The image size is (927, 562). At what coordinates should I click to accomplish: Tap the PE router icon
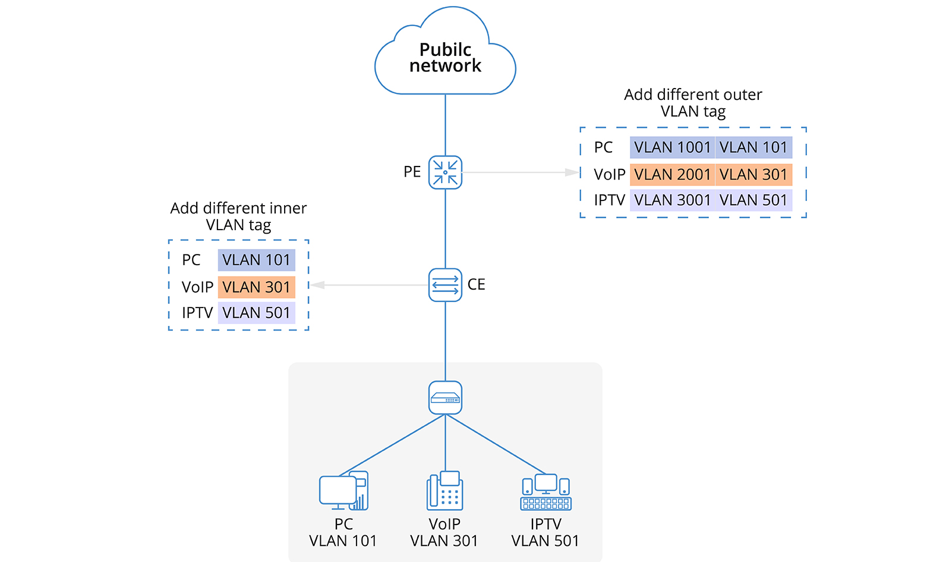click(x=445, y=172)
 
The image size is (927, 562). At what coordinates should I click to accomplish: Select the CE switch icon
click(x=445, y=285)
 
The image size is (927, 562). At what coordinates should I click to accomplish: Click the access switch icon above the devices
click(x=445, y=398)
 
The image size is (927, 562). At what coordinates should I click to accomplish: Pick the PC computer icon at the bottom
click(x=343, y=491)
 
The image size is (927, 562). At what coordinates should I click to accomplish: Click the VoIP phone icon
click(x=444, y=491)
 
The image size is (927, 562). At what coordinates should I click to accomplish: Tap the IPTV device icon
click(x=546, y=492)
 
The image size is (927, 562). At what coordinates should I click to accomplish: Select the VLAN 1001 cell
click(x=672, y=147)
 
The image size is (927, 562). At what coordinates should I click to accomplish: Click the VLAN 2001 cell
click(x=672, y=174)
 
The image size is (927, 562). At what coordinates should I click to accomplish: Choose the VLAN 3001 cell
click(x=672, y=200)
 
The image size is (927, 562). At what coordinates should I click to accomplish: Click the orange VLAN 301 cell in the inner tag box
click(x=256, y=287)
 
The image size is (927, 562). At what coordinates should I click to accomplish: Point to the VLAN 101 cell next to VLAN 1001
click(x=753, y=147)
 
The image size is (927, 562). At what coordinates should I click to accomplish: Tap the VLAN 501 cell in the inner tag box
click(x=256, y=313)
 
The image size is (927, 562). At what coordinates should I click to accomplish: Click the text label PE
click(x=412, y=172)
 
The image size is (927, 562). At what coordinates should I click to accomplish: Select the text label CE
click(x=476, y=284)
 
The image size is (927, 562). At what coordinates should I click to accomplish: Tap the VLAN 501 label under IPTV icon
click(x=545, y=541)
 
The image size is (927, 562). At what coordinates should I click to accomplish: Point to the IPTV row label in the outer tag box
click(x=609, y=200)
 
